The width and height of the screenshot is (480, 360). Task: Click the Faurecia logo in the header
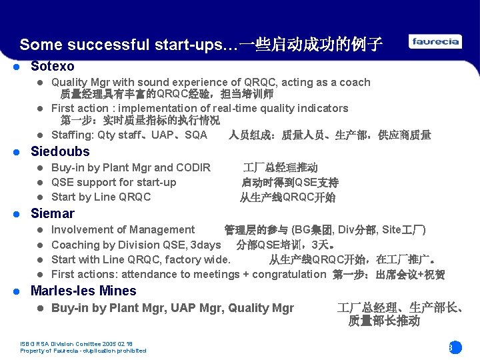point(435,42)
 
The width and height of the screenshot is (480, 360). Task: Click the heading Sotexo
point(53,66)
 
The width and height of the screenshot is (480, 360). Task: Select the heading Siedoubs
point(60,151)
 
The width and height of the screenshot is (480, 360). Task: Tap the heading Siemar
point(53,213)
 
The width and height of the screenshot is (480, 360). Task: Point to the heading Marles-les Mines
point(83,291)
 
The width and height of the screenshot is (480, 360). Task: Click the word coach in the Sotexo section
point(355,82)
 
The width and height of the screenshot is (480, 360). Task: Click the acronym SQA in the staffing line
point(196,135)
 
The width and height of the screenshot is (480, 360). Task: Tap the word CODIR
point(193,167)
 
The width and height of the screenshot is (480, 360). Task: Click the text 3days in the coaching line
point(205,245)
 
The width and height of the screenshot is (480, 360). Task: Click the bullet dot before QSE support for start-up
point(40,183)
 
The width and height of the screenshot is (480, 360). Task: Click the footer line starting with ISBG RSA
point(77,345)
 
